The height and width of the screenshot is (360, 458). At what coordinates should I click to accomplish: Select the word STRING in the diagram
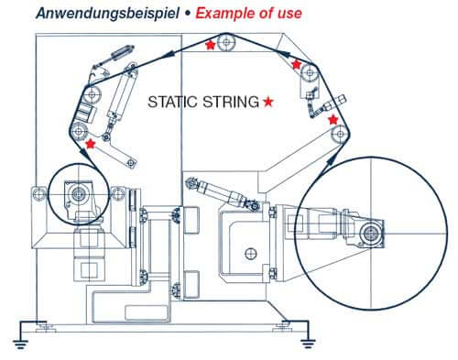230,103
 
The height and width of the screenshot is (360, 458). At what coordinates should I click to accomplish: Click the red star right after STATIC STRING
267,103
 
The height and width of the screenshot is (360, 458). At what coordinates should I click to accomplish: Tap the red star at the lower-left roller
89,143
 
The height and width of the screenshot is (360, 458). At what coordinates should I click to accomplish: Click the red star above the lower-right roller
333,119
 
